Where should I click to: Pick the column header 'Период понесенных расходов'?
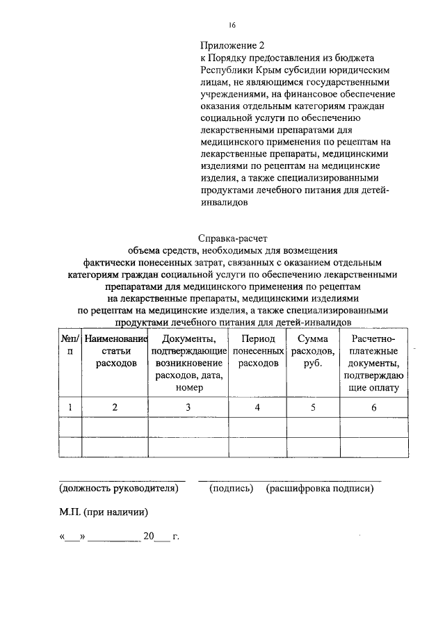pyautogui.click(x=257, y=351)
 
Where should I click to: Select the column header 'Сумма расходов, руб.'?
pyautogui.click(x=313, y=351)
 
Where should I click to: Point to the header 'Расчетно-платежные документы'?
pyautogui.click(x=373, y=363)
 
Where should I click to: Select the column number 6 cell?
pyautogui.click(x=373, y=408)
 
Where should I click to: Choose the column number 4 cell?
pyautogui.click(x=257, y=408)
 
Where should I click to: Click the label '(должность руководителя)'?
pyautogui.click(x=119, y=489)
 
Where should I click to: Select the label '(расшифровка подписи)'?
pyautogui.click(x=320, y=489)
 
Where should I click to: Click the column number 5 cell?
pyautogui.click(x=313, y=408)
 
